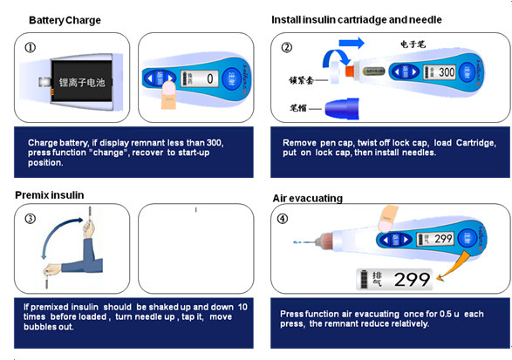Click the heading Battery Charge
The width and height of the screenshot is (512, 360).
point(65,20)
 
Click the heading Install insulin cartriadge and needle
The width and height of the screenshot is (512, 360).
point(356,19)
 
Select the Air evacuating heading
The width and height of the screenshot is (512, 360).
point(307,199)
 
